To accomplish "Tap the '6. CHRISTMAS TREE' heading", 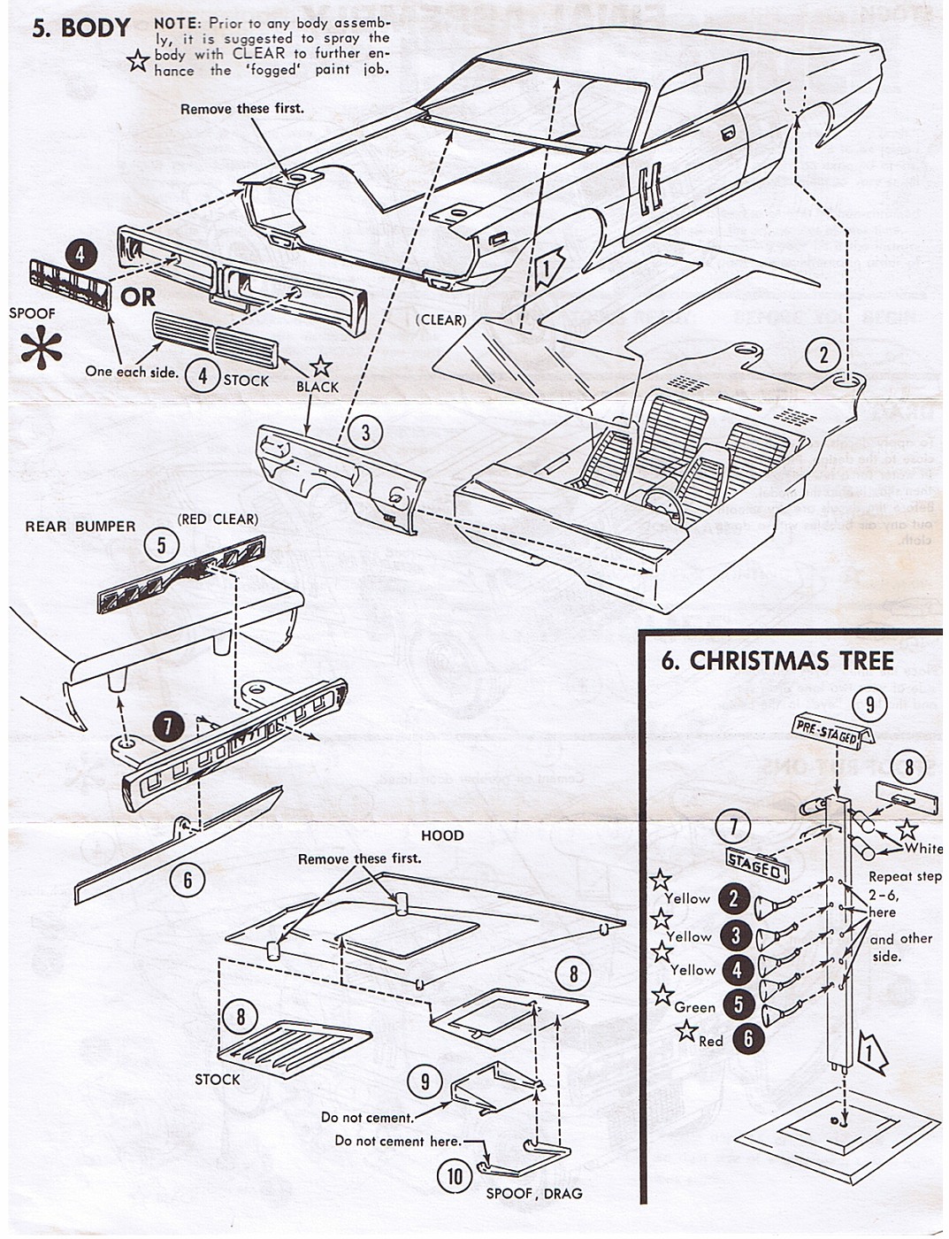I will (777, 661).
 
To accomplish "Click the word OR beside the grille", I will (138, 296).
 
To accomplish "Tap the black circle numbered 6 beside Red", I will (748, 1037).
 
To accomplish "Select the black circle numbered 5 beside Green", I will (736, 1004).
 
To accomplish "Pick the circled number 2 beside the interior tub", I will (824, 355).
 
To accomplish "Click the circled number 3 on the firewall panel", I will (365, 433).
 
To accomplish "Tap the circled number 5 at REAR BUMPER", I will (161, 544).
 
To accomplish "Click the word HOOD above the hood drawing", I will (443, 835).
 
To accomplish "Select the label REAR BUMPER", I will (80, 527).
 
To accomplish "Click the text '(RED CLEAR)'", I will (218, 519).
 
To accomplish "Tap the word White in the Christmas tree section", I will (923, 848).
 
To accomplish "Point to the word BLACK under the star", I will (318, 388).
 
